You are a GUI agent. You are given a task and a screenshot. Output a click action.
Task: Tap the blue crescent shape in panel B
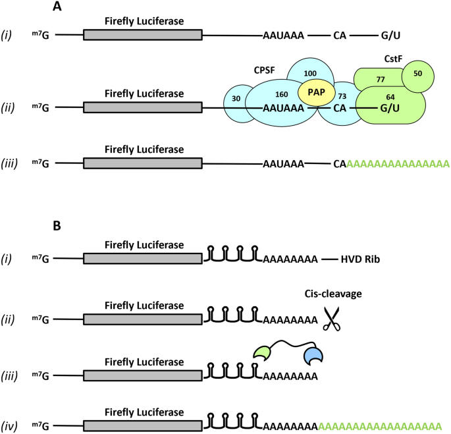click(313, 356)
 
